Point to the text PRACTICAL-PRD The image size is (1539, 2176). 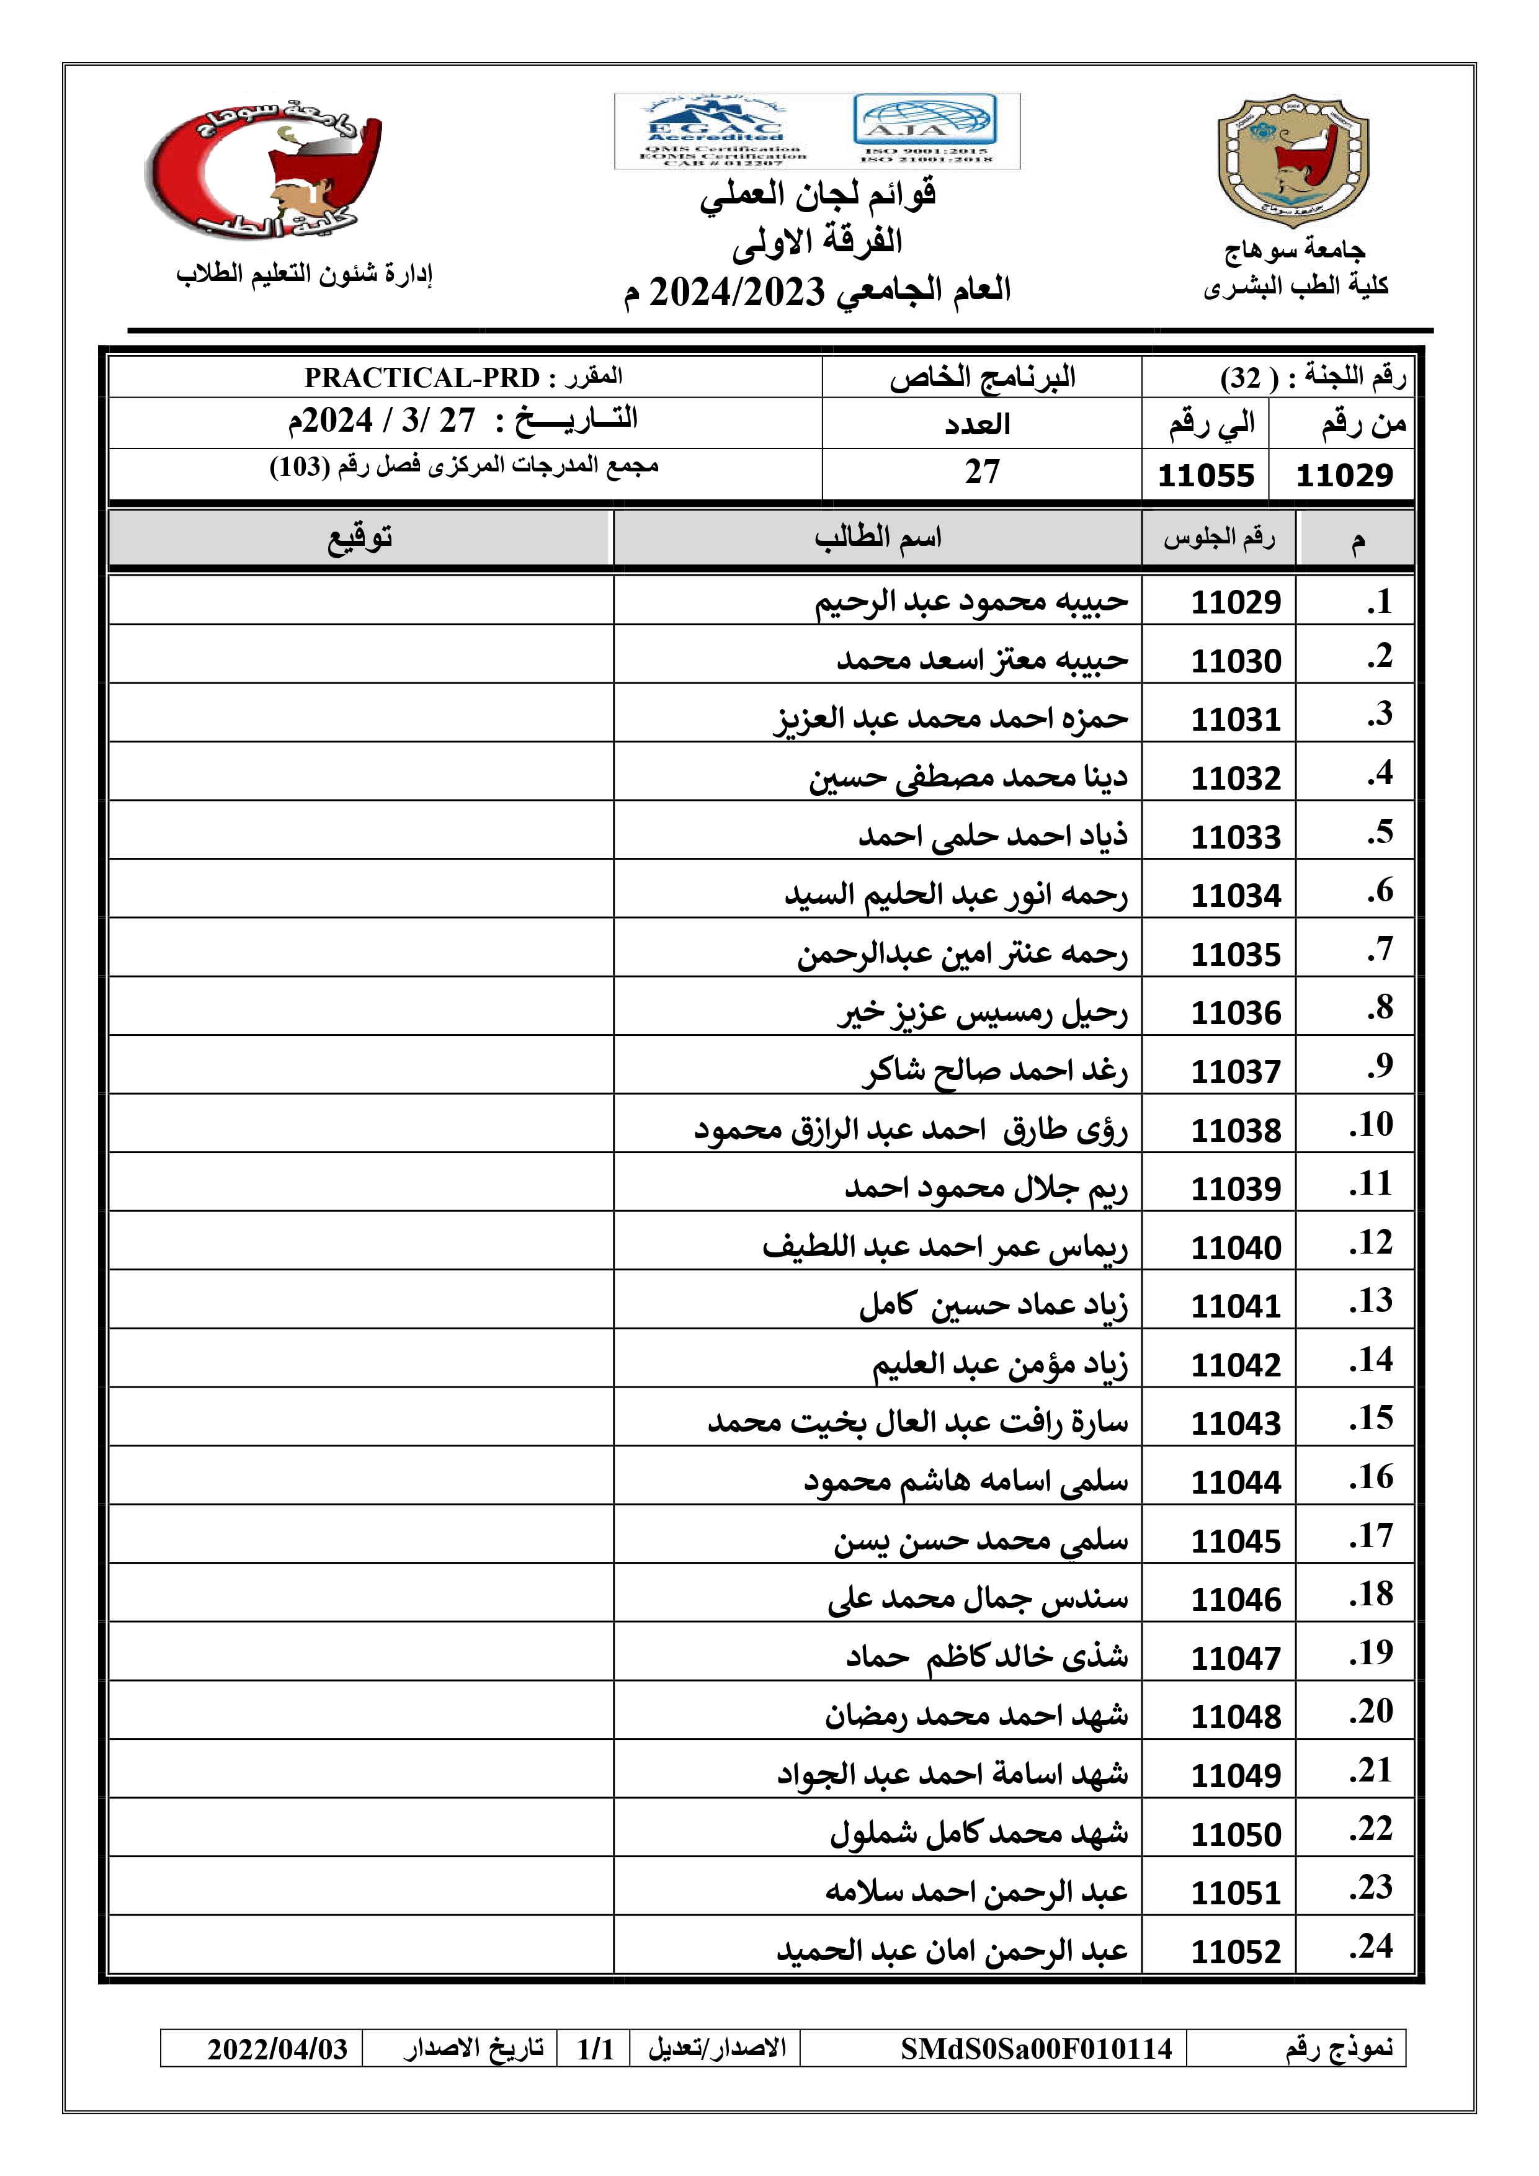click(x=422, y=378)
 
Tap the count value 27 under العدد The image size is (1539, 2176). click(x=982, y=472)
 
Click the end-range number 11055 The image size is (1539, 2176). click(x=1205, y=475)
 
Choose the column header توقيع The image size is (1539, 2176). click(x=360, y=538)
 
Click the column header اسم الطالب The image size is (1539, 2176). click(x=878, y=538)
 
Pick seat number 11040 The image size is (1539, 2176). click(x=1235, y=1248)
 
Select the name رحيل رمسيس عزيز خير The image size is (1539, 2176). click(x=982, y=1013)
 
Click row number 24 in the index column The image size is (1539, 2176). click(x=1372, y=1946)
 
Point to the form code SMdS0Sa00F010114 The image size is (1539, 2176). click(x=1036, y=2049)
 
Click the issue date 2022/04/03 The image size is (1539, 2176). click(x=278, y=2049)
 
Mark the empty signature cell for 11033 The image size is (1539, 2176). click(x=360, y=830)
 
